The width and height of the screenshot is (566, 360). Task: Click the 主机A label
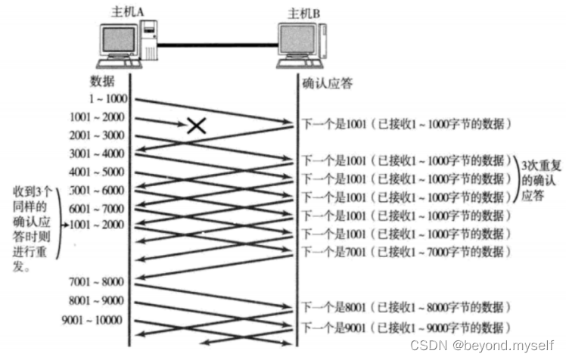[x=127, y=11]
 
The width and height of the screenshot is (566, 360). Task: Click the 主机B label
[x=304, y=14]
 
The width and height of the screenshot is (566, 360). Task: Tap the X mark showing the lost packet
[x=197, y=126]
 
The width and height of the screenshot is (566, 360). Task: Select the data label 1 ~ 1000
[x=108, y=98]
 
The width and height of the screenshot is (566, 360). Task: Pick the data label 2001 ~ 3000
[x=97, y=135]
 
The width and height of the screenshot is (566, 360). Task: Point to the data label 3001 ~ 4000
[x=97, y=154]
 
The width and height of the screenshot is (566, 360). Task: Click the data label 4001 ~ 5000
[x=96, y=172]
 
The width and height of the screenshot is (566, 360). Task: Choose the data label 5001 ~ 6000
[x=96, y=191]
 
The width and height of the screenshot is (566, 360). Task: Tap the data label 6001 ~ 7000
[x=96, y=209]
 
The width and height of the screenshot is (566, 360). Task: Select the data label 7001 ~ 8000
[x=96, y=282]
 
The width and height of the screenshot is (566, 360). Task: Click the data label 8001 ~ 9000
[x=96, y=300]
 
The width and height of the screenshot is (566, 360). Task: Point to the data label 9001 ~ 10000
[x=92, y=320]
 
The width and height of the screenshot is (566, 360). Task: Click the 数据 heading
[x=102, y=82]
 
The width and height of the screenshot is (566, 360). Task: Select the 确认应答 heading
[x=327, y=84]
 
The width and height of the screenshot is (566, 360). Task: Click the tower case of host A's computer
[x=149, y=40]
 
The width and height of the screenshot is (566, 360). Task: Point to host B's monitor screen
[x=297, y=39]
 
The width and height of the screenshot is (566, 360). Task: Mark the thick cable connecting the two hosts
[x=218, y=45]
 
